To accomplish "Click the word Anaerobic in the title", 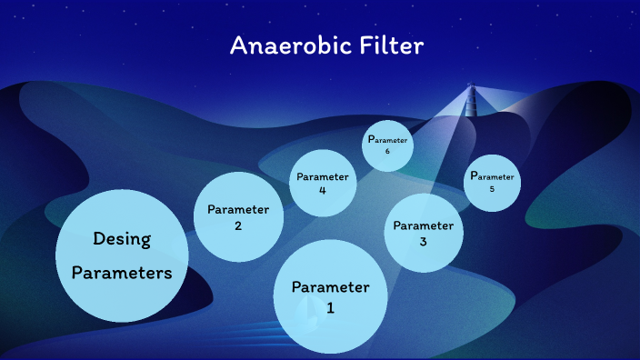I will pos(278,45).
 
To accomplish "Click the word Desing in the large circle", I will pos(122,239).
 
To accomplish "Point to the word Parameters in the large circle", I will pos(122,272).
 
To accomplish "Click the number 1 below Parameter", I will pos(331,308).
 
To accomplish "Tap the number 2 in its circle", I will pos(238,226).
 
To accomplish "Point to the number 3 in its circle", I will pos(423,242).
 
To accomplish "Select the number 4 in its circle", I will pos(323,191).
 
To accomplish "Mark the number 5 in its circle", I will pos(492,189).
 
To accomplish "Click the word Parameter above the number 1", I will pos(331,287).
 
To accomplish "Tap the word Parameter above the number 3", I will pos(423,225).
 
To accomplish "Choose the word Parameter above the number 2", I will pos(238,209).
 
